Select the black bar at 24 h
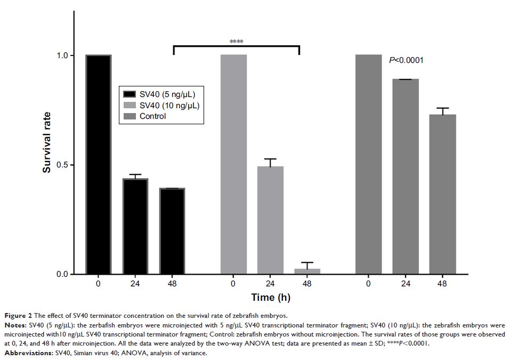(135, 227)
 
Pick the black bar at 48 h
(172, 231)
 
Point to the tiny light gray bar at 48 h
(307, 271)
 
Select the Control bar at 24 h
(406, 177)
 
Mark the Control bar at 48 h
(442, 195)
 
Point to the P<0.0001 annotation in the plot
(406, 60)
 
